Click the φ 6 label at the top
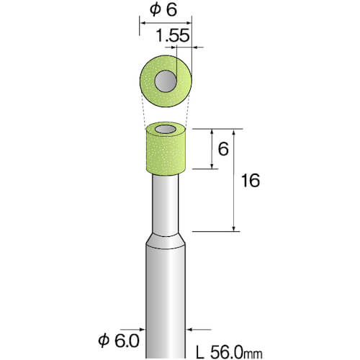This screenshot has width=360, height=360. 163,10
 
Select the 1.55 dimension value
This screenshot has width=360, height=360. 173,36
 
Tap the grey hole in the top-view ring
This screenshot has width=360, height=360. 166,81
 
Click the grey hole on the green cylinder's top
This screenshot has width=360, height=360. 166,130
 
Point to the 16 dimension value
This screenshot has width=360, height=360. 251,181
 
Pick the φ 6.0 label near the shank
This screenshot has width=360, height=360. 119,341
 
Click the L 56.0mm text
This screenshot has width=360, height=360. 229,353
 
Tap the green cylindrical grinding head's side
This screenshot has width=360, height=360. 166,153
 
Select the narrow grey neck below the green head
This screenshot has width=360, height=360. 166,204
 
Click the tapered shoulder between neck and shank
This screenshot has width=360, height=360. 166,241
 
